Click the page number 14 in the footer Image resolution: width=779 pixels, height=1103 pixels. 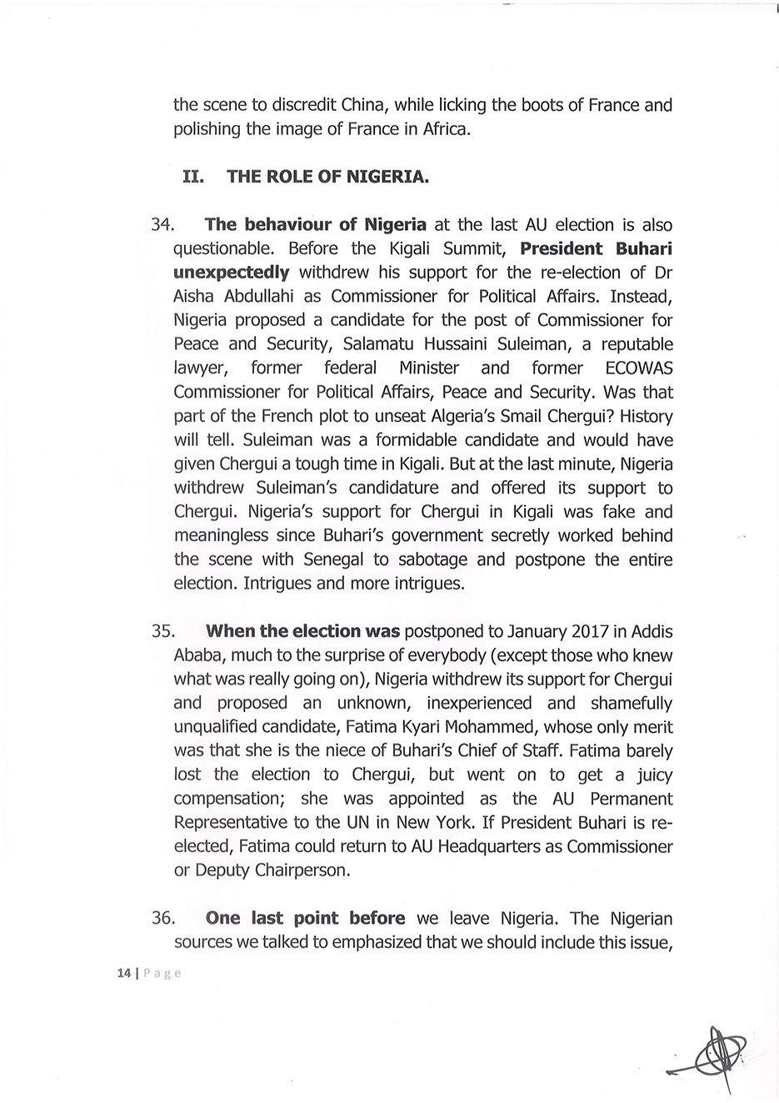(125, 973)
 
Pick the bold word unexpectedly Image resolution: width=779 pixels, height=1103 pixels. (232, 273)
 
